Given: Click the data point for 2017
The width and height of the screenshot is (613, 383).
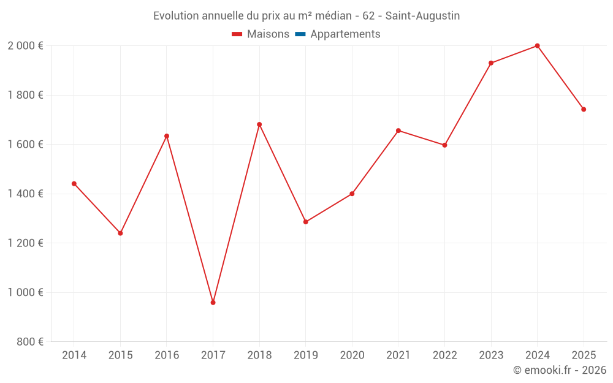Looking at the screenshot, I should [213, 302].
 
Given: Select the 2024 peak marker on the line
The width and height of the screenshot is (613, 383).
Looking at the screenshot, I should [537, 46].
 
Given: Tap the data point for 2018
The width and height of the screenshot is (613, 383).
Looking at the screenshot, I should [259, 124].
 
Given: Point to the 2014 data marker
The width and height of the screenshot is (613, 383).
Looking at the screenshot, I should [74, 184].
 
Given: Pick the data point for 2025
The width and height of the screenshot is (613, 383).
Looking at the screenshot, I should [584, 110].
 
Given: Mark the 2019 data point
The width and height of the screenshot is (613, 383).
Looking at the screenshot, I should [306, 222].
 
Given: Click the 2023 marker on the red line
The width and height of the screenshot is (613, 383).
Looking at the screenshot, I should [491, 63].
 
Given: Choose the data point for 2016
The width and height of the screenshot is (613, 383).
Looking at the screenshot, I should [167, 136].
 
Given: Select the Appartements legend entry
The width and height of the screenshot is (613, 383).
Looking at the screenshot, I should [345, 34].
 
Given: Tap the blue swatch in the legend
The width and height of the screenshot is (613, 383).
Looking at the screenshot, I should [300, 34].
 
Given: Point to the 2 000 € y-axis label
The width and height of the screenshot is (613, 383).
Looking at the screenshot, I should [25, 46].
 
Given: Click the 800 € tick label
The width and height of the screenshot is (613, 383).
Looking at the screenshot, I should [29, 341].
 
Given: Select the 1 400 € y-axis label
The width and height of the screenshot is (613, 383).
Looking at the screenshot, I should [25, 194].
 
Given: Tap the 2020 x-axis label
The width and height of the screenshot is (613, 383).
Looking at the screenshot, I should [352, 355].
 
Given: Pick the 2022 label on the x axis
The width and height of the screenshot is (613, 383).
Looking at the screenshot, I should [444, 355].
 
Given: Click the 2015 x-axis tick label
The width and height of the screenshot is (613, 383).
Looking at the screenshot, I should [120, 355].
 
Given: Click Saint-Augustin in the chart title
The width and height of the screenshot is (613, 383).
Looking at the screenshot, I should [422, 16].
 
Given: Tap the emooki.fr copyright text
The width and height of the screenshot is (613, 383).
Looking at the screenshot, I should [559, 370].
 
